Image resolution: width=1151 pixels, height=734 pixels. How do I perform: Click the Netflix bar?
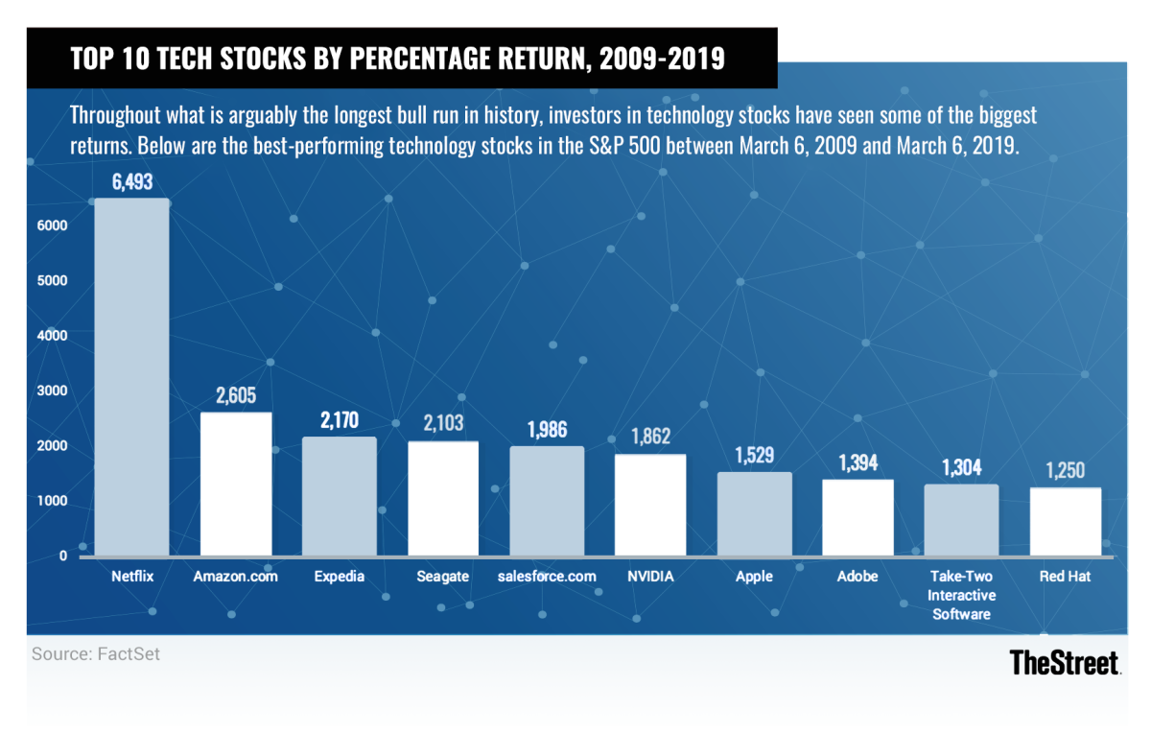click(x=131, y=378)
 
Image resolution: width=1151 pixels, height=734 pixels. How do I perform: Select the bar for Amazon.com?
click(x=236, y=485)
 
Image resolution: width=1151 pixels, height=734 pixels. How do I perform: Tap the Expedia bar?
click(x=340, y=497)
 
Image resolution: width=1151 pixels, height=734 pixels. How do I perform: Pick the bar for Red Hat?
click(x=1066, y=522)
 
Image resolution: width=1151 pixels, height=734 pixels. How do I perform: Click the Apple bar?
click(x=755, y=514)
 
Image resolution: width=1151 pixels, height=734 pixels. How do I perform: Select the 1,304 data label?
click(x=961, y=468)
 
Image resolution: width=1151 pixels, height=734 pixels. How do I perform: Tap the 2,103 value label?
click(x=443, y=425)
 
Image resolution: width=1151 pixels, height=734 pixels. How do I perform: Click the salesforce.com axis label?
click(x=548, y=577)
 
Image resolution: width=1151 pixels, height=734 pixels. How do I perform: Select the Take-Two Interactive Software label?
click(x=961, y=595)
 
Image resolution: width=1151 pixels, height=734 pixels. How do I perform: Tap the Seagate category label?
click(x=443, y=577)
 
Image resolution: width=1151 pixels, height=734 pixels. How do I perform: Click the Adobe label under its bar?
click(x=857, y=577)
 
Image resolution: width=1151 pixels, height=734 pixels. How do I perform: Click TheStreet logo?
click(x=1065, y=663)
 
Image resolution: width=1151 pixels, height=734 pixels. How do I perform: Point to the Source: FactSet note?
click(x=96, y=654)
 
